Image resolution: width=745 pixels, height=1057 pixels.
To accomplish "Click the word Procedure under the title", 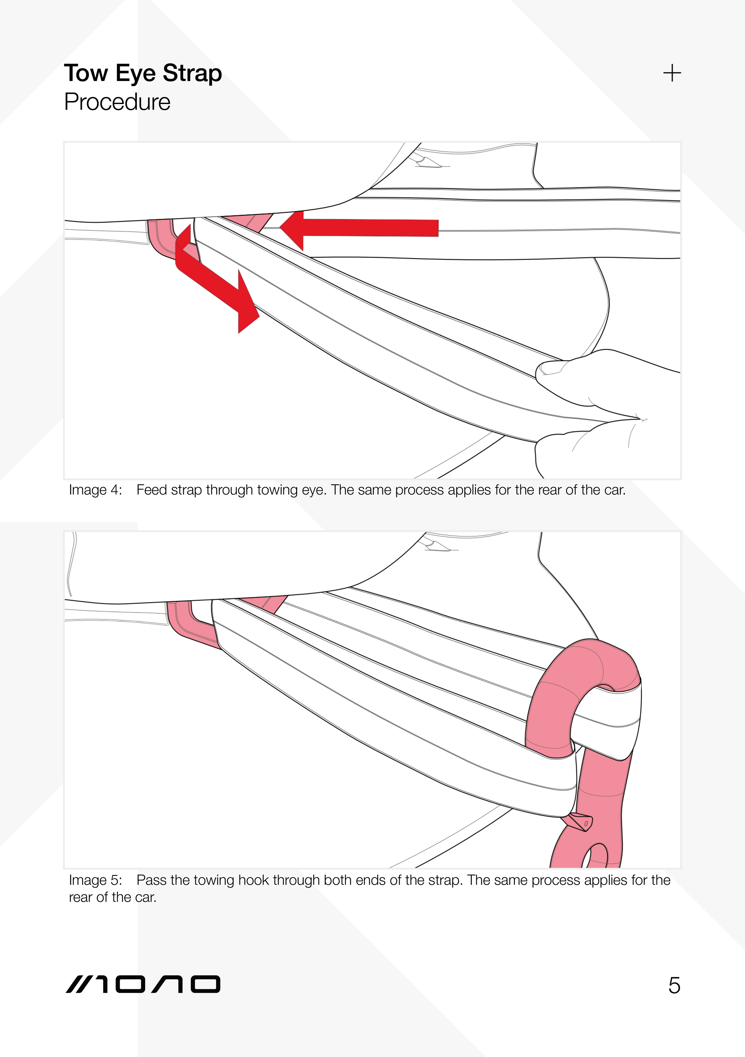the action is [117, 102].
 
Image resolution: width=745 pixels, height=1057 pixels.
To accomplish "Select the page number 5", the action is [674, 986].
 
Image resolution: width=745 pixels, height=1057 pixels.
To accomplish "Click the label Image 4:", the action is [95, 490].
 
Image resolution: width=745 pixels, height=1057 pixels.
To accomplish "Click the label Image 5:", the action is [95, 880].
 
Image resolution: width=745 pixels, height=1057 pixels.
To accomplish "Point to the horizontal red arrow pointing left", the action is [359, 228].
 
